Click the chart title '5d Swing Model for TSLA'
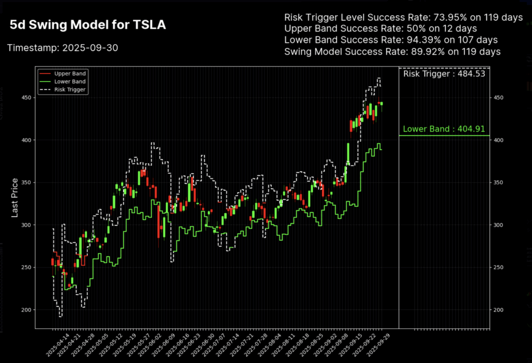tap(88, 25)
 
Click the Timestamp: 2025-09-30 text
tap(63, 48)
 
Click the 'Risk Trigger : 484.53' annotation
tap(444, 74)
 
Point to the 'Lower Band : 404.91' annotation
tap(444, 129)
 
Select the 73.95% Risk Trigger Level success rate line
tap(403, 18)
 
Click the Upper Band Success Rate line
tap(380, 29)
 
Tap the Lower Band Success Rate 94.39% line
tap(391, 40)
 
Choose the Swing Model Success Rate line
tap(392, 51)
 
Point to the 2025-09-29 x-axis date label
tap(376, 343)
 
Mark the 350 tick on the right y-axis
tap(497, 183)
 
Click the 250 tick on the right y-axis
tap(497, 267)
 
